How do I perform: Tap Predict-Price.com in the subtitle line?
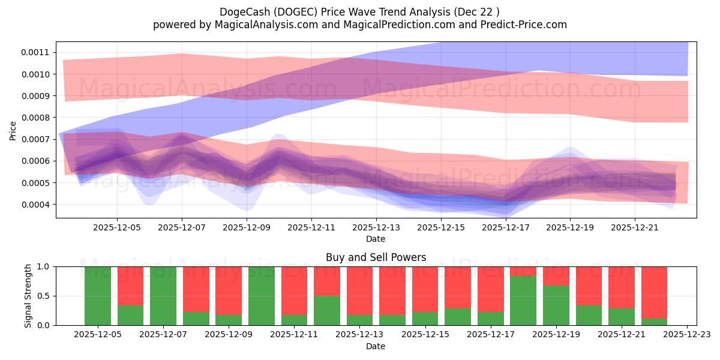coord(525,25)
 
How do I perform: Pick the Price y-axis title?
coord(13,130)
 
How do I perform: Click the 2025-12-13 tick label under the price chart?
coord(376,228)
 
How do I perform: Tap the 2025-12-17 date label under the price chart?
coord(506,228)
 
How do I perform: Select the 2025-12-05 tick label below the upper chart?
coord(117,228)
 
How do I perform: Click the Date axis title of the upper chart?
coord(376,239)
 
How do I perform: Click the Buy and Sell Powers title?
coord(376,257)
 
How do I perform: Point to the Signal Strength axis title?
coord(28,296)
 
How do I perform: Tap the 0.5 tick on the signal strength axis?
coord(44,296)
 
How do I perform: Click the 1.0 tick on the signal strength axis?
coord(44,266)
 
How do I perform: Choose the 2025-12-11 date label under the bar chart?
coord(294,335)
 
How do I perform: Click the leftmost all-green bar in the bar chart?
coord(98,296)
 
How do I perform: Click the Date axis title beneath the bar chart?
coord(376,346)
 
